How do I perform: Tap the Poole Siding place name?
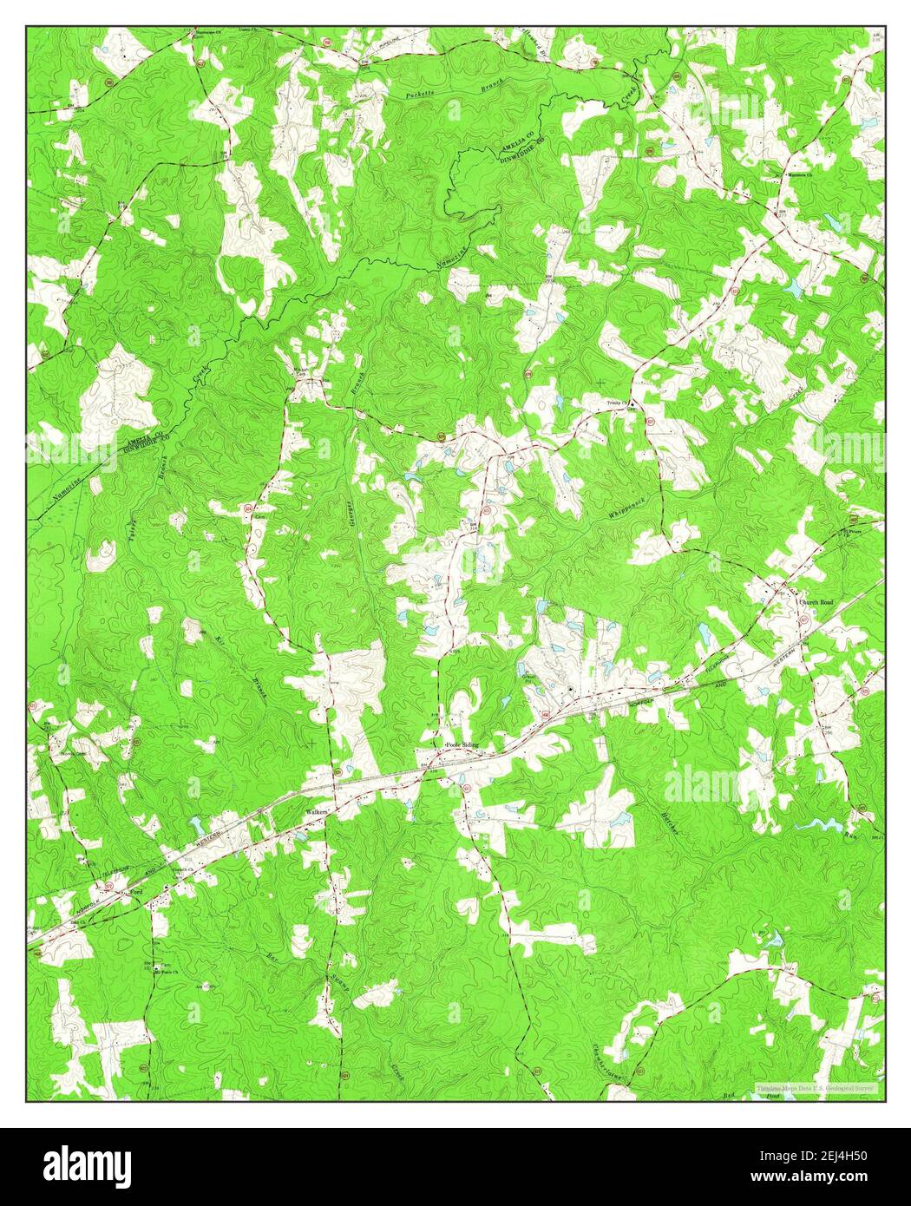461,745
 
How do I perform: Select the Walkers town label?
314,812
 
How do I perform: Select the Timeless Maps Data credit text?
816,1087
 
